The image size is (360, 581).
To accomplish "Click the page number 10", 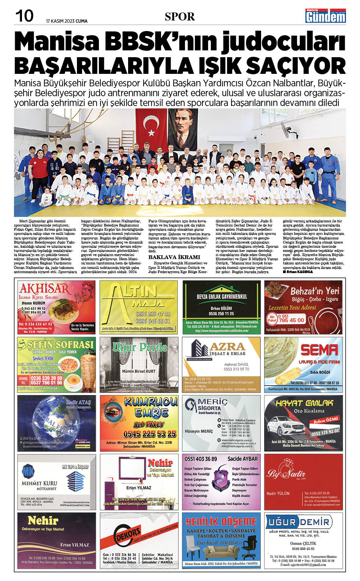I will [x=24, y=16].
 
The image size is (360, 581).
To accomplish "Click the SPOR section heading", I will [x=180, y=17].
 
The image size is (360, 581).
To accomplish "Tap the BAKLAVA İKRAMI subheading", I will [x=174, y=257].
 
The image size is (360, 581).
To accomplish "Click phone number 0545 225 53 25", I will [x=150, y=434].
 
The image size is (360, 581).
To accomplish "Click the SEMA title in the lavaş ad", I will [x=319, y=350].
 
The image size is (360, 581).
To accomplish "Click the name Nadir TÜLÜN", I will [x=278, y=493].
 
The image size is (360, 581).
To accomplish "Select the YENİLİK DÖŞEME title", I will [x=221, y=522].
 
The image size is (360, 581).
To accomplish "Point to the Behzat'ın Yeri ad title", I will [x=315, y=291].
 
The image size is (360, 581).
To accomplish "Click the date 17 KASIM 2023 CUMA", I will [x=67, y=21].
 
